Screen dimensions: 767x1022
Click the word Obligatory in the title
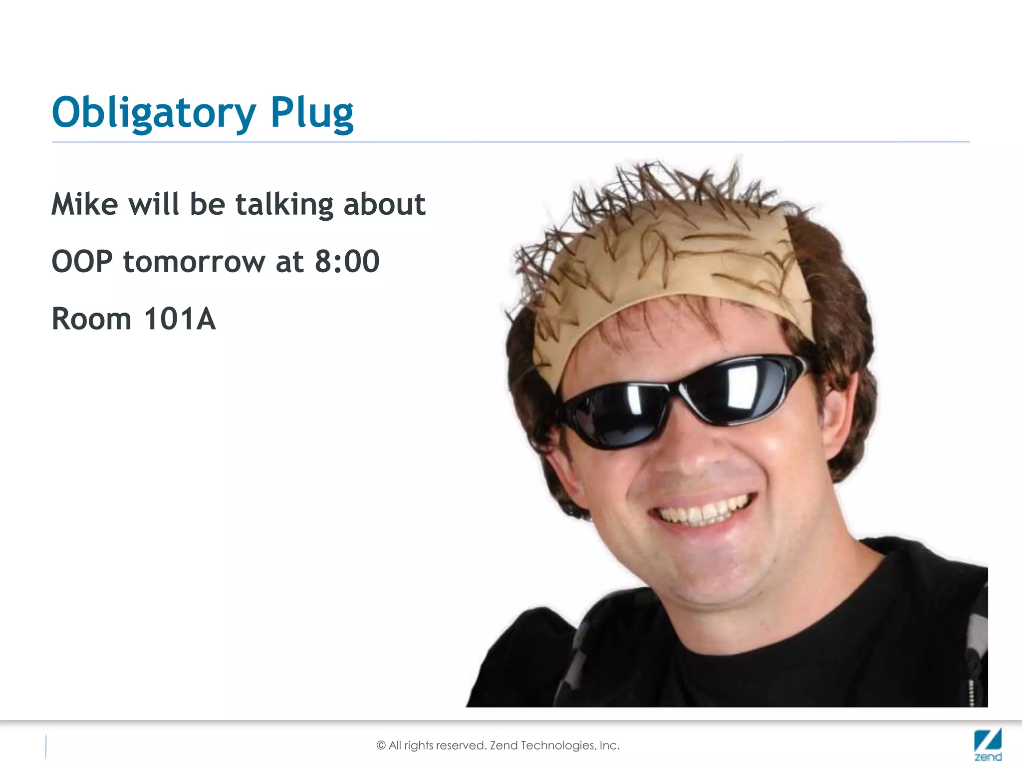(154, 113)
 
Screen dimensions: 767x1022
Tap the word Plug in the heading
(312, 113)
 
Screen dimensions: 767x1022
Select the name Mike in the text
(85, 204)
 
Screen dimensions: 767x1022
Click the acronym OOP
(82, 262)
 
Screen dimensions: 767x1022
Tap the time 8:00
(347, 261)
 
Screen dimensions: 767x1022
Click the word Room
(91, 319)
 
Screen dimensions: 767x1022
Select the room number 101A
(180, 319)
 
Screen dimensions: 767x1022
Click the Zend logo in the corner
(988, 745)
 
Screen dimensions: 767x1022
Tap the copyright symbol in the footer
(381, 746)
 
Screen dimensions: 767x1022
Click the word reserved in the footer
(461, 746)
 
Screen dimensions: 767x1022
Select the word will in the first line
(153, 204)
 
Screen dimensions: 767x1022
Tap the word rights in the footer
(419, 746)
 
